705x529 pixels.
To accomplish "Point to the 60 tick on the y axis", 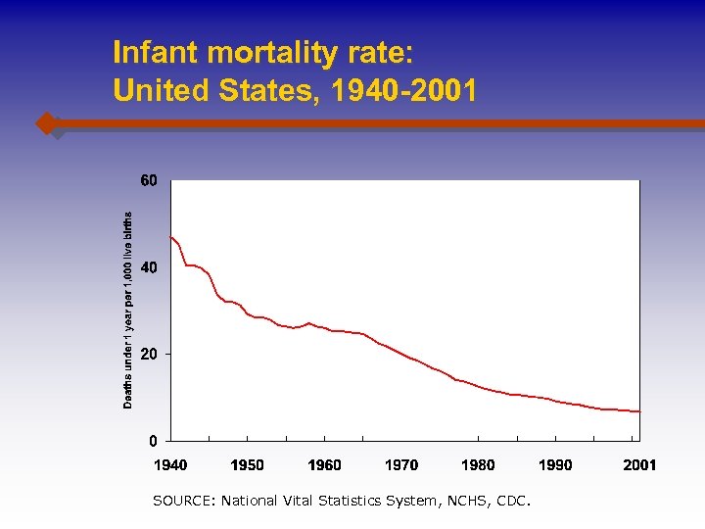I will tap(148, 181).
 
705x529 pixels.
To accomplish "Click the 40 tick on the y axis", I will tap(148, 267).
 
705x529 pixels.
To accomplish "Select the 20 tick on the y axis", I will tap(148, 354).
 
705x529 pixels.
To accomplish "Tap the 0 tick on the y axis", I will tap(153, 440).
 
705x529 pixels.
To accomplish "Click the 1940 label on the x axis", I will tap(170, 464).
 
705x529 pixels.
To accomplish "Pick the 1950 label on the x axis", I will tap(247, 464).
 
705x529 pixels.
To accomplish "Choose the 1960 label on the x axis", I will tap(324, 464).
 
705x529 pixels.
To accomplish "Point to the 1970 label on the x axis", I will tap(401, 464).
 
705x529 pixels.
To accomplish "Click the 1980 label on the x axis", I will tap(478, 464).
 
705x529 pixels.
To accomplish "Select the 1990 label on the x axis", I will tap(555, 464).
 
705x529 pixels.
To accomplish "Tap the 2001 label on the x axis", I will tap(639, 464).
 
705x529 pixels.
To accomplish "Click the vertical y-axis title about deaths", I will tap(127, 310).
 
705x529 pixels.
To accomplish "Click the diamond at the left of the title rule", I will tap(46, 123).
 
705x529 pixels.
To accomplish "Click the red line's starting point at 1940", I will tap(171, 237).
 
